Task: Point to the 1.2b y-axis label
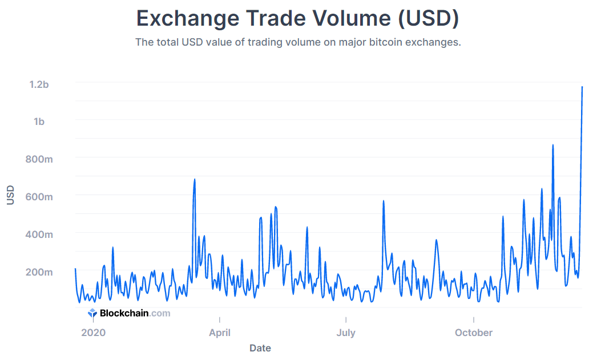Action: pos(39,84)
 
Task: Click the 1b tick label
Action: pos(39,122)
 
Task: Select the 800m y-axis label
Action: pos(39,159)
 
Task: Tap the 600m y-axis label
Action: pos(39,197)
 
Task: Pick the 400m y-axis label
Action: pos(39,234)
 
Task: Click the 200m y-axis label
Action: pos(39,272)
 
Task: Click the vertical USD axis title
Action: pos(10,195)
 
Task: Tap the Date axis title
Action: pos(260,348)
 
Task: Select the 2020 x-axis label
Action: pos(94,333)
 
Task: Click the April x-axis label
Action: pos(220,333)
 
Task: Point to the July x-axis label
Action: pos(346,333)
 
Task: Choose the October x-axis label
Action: pos(474,333)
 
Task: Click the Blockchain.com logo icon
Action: pos(92,313)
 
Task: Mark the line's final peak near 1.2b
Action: pos(582,87)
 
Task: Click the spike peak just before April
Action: pos(195,180)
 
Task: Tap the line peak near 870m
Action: pos(553,145)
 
